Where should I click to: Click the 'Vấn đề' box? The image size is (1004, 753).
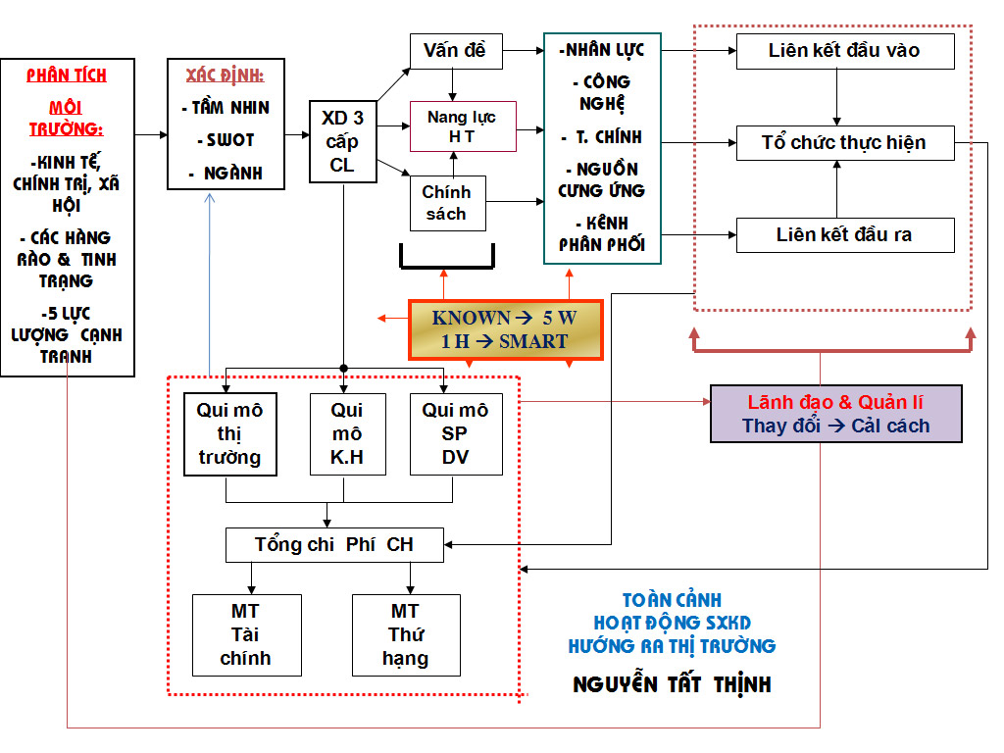[455, 51]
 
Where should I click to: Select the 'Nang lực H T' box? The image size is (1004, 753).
[462, 126]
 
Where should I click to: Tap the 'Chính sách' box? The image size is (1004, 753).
[447, 203]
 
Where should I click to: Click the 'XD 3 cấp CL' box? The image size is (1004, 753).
[342, 141]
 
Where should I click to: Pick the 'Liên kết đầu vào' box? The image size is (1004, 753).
[844, 51]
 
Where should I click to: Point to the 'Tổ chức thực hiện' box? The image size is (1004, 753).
[844, 143]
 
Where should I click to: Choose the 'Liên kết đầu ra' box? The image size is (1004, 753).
[844, 235]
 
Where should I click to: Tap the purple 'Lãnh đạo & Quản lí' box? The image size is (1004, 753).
[835, 414]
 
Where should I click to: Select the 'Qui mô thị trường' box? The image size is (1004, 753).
[229, 433]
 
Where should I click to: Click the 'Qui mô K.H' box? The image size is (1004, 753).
[346, 433]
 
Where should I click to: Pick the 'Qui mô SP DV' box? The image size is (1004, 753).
[454, 433]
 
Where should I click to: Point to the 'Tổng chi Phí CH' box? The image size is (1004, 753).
[334, 544]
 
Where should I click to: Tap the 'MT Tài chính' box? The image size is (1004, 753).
[244, 634]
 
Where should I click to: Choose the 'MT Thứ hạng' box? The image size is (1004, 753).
[405, 634]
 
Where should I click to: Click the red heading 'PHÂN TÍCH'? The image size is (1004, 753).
[67, 75]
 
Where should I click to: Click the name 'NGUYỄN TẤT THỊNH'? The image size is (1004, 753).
[672, 684]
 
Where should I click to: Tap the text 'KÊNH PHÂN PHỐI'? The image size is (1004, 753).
[602, 234]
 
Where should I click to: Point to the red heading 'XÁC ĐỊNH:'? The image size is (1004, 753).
[225, 75]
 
